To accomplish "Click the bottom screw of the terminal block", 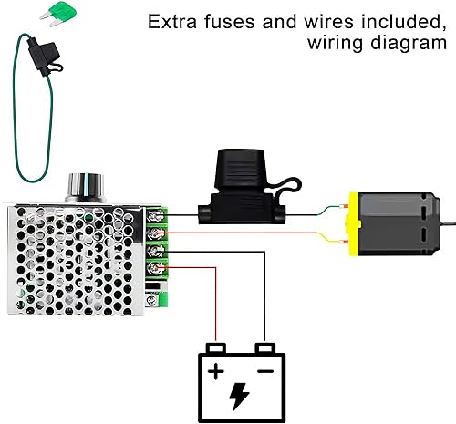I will click(157, 268).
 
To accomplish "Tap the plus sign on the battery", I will click(216, 370).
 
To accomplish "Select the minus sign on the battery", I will click(264, 370).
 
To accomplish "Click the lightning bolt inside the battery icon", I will click(239, 395).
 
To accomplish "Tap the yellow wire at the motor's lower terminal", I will click(332, 239).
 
